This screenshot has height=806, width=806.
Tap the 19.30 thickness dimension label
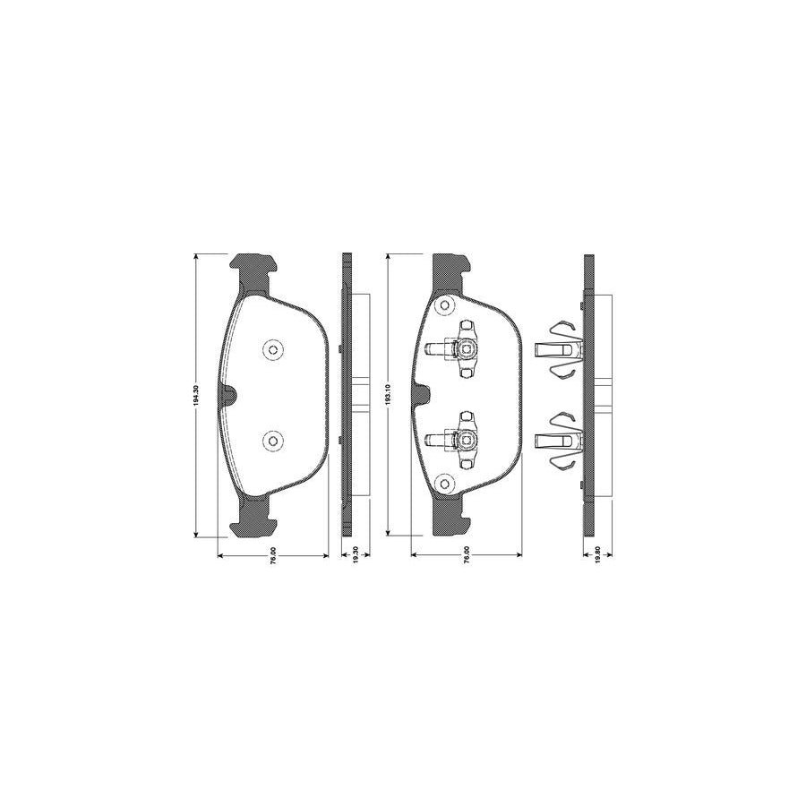[x=355, y=556]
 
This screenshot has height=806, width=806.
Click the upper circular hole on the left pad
[x=272, y=349]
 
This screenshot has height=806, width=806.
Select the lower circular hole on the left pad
[x=272, y=440]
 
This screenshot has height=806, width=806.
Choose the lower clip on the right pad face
[x=461, y=439]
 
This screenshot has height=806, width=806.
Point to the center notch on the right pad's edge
[x=422, y=394]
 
